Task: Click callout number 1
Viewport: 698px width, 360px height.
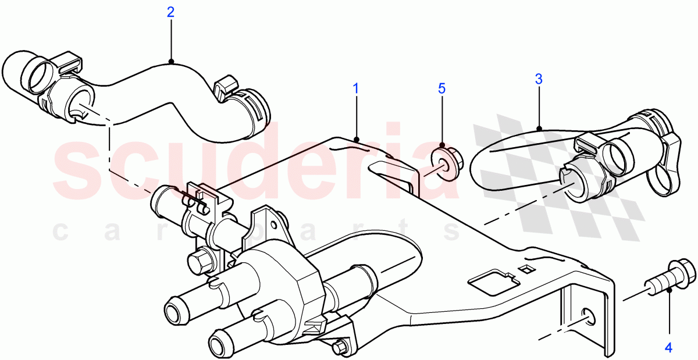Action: (x=356, y=89)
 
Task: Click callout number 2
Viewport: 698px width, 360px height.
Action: (x=170, y=12)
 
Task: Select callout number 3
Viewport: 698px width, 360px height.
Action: (x=539, y=79)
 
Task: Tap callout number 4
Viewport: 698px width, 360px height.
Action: (x=668, y=348)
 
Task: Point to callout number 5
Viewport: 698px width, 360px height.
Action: (x=441, y=88)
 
